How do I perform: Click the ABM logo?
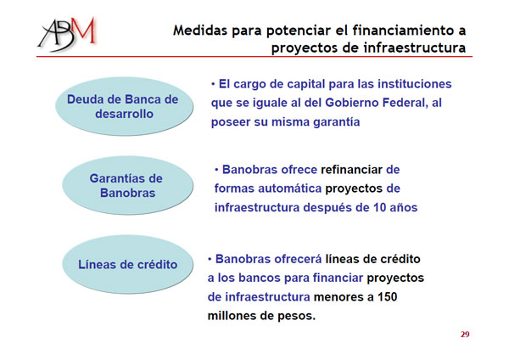(x=67, y=34)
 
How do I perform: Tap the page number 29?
(x=465, y=335)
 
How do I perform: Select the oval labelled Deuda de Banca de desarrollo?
(x=124, y=106)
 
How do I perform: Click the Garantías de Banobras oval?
(x=127, y=185)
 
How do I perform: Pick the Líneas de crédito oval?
(x=127, y=264)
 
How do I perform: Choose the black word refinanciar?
(x=351, y=170)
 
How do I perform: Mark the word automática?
(x=290, y=188)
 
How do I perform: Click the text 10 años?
(x=395, y=207)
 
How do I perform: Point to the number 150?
(x=388, y=297)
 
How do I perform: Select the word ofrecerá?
(x=298, y=259)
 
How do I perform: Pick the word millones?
(x=230, y=316)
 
